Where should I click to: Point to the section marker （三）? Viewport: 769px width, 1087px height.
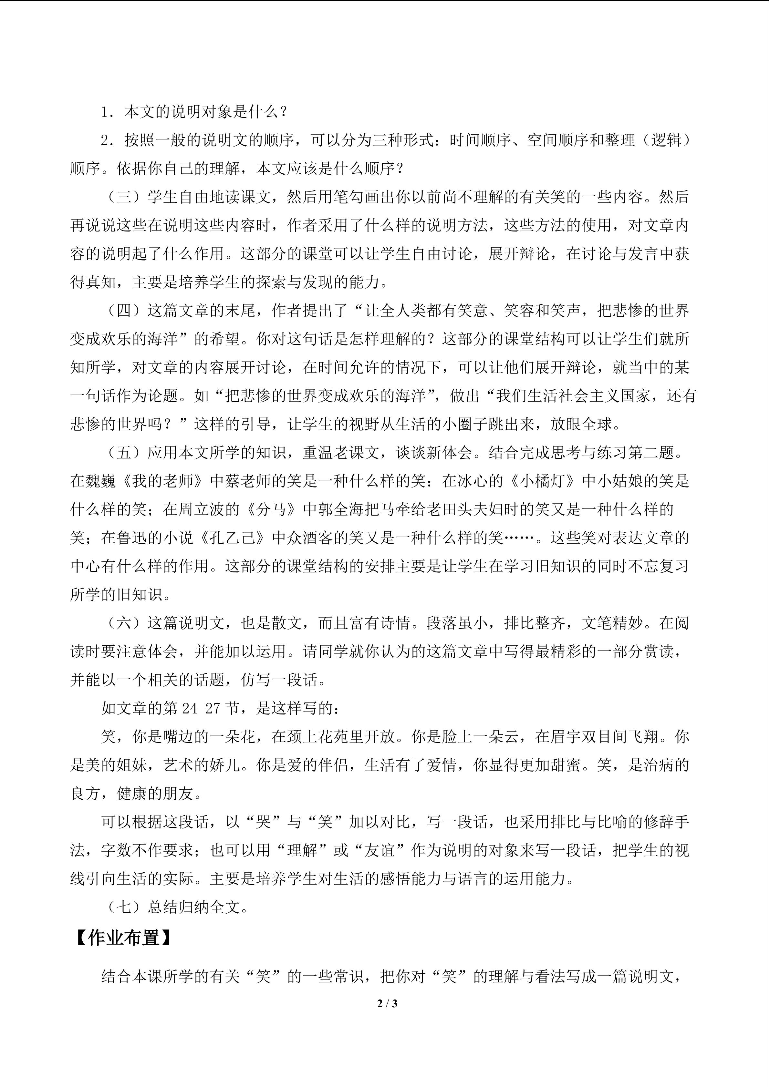tap(124, 197)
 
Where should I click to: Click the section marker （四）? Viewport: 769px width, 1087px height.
tap(124, 311)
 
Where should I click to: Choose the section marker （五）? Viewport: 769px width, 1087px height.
tap(124, 453)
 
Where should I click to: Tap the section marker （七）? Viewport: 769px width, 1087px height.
tap(124, 907)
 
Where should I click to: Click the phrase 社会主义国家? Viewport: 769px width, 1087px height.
tap(596, 396)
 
